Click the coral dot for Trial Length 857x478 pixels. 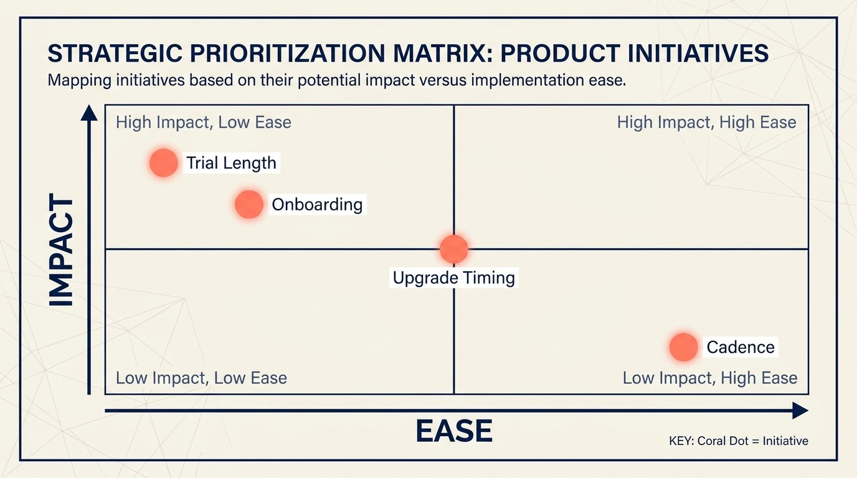tap(164, 163)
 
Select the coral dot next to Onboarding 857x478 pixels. tap(249, 204)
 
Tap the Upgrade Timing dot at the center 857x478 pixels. tap(453, 249)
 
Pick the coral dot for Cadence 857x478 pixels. tap(683, 347)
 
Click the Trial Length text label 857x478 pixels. tap(231, 163)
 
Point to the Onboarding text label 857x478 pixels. tap(317, 204)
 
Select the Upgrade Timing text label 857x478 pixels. tap(454, 278)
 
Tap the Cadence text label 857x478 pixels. tap(741, 347)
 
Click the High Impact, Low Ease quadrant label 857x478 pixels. tap(204, 122)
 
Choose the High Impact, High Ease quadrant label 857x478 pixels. tap(706, 122)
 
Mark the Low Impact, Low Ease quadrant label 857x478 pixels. tap(201, 378)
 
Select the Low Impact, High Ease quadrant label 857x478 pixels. tap(709, 378)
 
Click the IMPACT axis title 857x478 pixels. tap(61, 251)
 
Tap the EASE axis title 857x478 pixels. tap(453, 431)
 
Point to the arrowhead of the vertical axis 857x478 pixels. tap(89, 113)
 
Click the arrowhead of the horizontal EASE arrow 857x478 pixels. tap(800, 410)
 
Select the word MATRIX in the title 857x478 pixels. tap(432, 54)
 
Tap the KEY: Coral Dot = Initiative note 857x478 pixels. tap(738, 441)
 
